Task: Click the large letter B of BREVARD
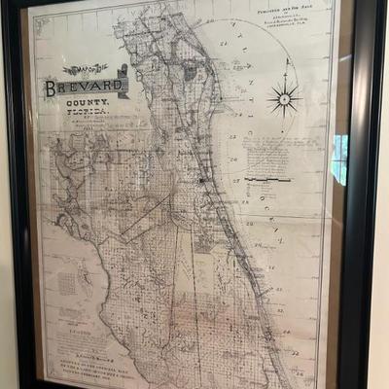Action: pos(51,88)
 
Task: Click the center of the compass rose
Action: pos(285,98)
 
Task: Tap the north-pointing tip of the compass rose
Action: pos(285,61)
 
